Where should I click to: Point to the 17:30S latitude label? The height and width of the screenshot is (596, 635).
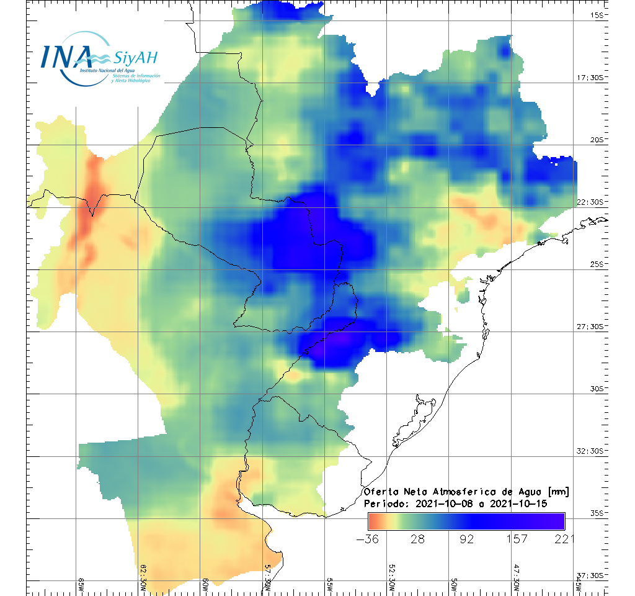tap(593, 78)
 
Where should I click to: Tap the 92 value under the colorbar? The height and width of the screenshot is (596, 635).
tap(467, 538)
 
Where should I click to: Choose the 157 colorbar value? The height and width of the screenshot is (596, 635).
tap(517, 538)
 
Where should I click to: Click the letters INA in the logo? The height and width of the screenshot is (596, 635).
tap(66, 56)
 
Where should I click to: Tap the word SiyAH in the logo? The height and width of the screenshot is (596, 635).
tap(136, 58)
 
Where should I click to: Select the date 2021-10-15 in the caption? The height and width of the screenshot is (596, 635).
tap(518, 503)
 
